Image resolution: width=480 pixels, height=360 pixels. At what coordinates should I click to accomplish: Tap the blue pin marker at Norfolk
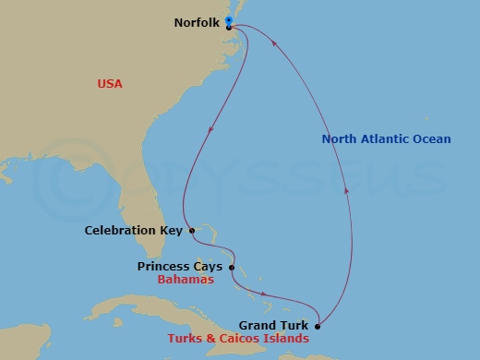(229, 19)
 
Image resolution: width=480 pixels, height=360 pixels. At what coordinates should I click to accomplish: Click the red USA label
(110, 84)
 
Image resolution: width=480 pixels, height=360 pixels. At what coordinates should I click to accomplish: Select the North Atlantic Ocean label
(386, 139)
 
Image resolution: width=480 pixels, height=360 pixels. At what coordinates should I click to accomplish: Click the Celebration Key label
(134, 230)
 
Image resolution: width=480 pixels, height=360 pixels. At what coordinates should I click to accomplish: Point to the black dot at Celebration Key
(191, 230)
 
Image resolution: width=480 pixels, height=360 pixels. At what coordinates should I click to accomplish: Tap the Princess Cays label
(180, 267)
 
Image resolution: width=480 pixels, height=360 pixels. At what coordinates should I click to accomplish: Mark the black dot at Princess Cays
(231, 268)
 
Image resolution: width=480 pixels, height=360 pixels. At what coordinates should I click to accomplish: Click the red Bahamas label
(186, 279)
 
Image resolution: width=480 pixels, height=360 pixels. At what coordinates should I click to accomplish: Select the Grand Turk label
(274, 325)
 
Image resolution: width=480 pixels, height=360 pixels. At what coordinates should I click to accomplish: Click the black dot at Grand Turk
(317, 325)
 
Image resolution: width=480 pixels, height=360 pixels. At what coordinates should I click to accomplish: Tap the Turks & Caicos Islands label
(238, 338)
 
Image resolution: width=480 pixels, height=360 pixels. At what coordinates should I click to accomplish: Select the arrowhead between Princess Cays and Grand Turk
(267, 297)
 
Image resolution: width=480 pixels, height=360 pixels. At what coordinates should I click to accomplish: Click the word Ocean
(431, 139)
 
